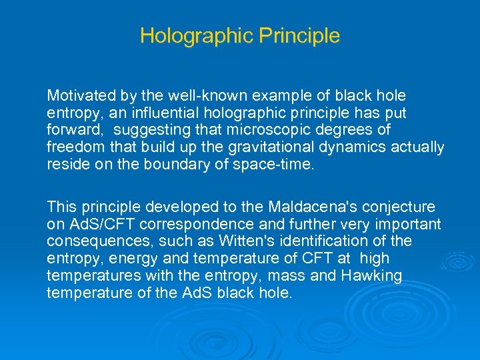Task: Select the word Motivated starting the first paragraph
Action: click(77, 96)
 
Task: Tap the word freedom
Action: click(71, 147)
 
